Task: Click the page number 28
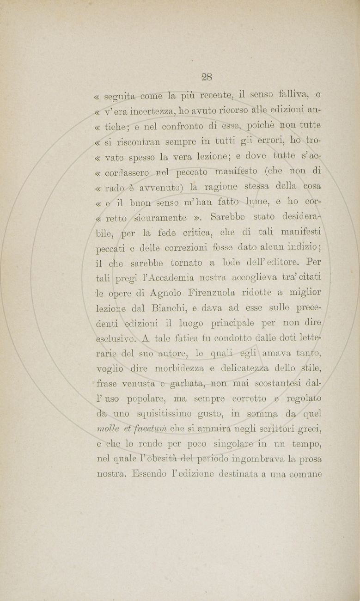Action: pyautogui.click(x=207, y=77)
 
